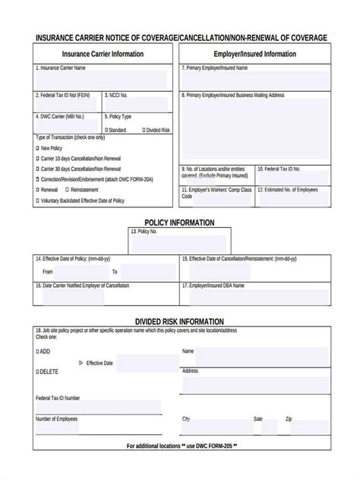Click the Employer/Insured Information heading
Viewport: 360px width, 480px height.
[254, 54]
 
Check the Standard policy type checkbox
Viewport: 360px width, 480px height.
[106, 130]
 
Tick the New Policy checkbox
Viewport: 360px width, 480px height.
[38, 148]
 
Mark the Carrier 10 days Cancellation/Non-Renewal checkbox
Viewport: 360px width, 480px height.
[38, 158]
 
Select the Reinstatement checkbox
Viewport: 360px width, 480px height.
[68, 189]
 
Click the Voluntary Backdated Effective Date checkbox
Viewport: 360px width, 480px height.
[38, 201]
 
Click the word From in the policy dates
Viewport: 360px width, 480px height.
[48, 271]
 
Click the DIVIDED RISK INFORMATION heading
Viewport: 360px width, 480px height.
[179, 321]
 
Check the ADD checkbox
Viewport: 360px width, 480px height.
[37, 352]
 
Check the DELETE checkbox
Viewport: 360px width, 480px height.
[37, 371]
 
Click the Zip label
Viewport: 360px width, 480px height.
[289, 418]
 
